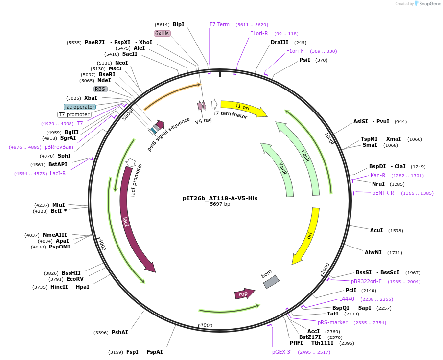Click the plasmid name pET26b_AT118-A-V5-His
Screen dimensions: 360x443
coord(220,198)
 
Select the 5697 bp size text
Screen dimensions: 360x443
coord(220,204)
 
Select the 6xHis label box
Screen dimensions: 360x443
coord(162,33)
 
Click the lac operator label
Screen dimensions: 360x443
coord(80,107)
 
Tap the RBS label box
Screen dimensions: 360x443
coord(100,89)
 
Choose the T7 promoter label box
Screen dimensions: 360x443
coord(74,114)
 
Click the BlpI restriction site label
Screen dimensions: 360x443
coord(178,24)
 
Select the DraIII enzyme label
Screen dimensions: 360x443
coord(280,42)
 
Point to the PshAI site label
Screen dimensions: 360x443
coord(119,333)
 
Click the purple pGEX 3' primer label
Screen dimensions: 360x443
coord(282,352)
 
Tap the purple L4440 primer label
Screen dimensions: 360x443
coord(347,299)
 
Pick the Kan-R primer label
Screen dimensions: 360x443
coord(377,175)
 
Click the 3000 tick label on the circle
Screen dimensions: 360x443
coord(206,325)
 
